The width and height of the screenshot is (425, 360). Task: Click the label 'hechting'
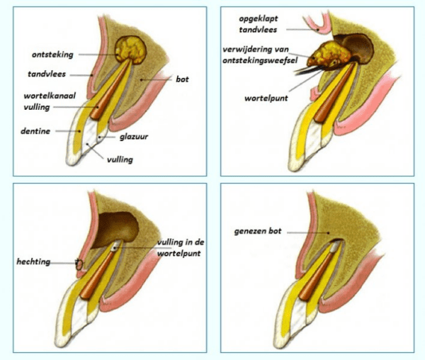[34, 261]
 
